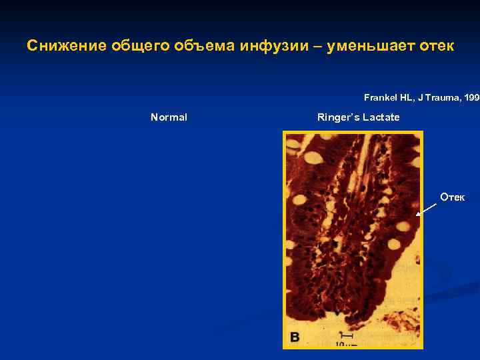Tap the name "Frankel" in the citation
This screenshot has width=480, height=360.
(380, 97)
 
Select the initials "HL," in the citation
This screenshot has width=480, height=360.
(407, 97)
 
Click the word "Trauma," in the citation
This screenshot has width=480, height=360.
(441, 97)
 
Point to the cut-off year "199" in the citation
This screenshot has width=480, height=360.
(471, 97)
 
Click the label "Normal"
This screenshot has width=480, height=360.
(169, 117)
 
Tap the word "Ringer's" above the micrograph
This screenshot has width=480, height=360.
(337, 117)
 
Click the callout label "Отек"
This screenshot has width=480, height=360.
(453, 197)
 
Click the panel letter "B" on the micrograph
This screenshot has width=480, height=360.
(294, 337)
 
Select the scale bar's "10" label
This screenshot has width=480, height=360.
(341, 345)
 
